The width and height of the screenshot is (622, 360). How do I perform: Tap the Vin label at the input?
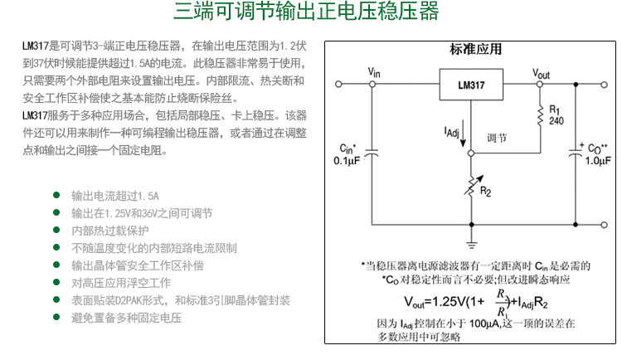374,73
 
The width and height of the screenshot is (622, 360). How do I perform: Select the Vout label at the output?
540,73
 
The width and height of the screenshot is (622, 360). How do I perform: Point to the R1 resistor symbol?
540,115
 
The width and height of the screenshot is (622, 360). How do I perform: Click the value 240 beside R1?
556,121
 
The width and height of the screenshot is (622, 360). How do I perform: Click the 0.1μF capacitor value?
347,161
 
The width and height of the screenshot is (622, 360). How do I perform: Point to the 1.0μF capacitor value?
598,161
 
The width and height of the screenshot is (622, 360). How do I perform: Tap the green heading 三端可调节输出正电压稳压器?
306,13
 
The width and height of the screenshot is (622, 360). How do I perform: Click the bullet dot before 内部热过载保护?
56,230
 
